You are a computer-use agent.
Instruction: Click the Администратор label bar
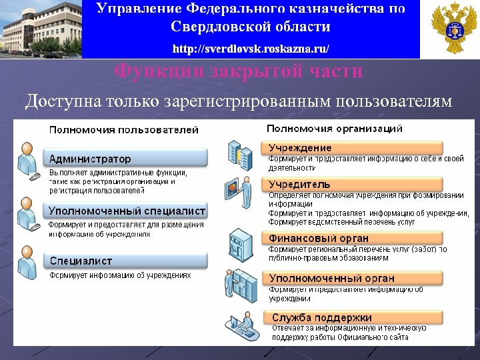click(127, 159)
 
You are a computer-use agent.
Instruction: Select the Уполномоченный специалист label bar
click(127, 211)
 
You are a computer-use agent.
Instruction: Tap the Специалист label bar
click(127, 261)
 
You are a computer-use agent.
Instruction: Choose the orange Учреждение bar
click(353, 147)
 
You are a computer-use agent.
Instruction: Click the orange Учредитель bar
click(353, 184)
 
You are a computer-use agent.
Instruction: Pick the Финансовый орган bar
click(353, 238)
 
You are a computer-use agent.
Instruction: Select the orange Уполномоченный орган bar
click(353, 278)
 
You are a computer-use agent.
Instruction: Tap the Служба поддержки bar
click(353, 317)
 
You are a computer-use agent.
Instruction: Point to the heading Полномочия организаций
click(334, 128)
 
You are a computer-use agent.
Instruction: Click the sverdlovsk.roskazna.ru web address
click(251, 49)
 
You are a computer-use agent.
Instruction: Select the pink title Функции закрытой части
click(239, 71)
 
